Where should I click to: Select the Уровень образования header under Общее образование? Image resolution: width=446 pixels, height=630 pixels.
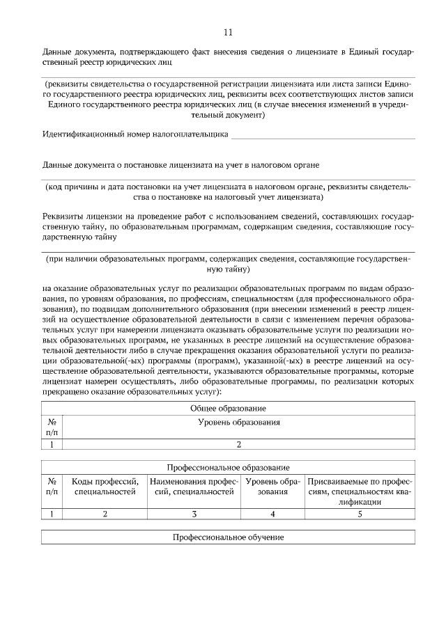(x=239, y=422)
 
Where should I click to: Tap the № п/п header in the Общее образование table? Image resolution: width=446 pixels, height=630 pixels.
(x=52, y=427)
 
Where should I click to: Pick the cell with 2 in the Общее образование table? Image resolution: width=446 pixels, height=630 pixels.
(x=239, y=445)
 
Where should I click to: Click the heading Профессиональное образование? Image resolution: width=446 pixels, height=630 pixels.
(x=228, y=467)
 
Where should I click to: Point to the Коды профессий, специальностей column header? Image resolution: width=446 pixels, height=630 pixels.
(x=105, y=487)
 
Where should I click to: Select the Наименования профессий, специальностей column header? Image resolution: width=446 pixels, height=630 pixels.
(x=194, y=487)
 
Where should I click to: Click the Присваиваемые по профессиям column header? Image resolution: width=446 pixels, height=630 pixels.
(x=360, y=491)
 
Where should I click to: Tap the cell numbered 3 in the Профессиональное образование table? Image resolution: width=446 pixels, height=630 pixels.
(x=194, y=514)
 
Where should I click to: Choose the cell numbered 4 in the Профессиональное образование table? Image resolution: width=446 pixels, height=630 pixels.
(x=273, y=514)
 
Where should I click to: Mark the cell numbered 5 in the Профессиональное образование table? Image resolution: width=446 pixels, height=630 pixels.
(x=360, y=514)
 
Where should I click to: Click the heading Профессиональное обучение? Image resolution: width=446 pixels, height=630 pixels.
(x=228, y=537)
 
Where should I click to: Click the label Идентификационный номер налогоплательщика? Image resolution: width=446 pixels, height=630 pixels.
(x=135, y=134)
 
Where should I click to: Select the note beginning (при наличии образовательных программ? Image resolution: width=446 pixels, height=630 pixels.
(x=228, y=263)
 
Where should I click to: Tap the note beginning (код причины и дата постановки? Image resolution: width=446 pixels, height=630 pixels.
(x=228, y=192)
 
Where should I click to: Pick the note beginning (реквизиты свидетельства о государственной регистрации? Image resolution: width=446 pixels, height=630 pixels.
(x=228, y=99)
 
